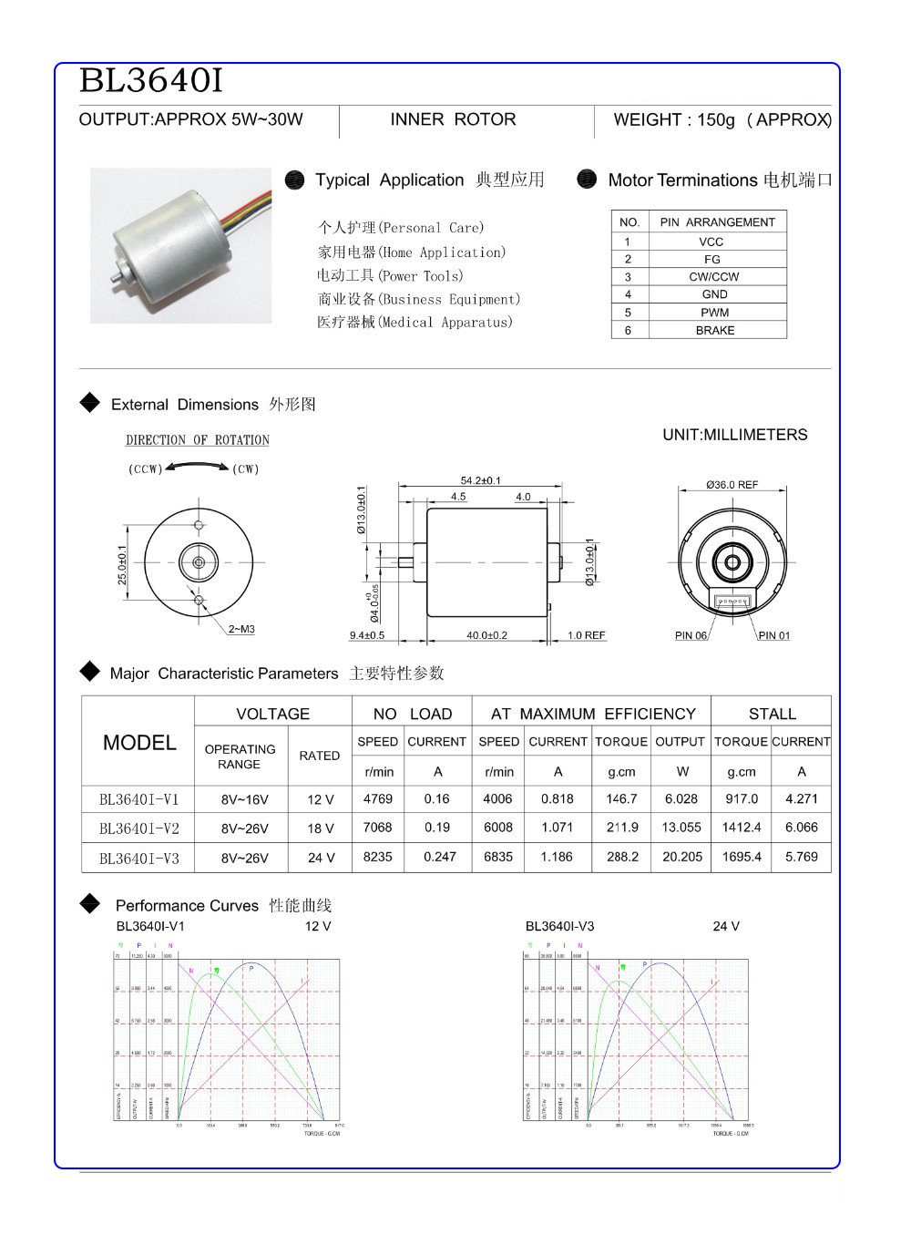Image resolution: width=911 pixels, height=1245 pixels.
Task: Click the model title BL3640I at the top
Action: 151,81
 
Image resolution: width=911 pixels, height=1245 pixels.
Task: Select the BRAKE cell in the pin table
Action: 715,330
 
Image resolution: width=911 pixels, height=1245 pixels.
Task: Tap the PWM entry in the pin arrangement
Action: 715,313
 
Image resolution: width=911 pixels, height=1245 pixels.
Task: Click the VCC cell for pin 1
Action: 711,242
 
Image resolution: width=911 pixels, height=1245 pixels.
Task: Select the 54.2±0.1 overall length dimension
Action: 480,480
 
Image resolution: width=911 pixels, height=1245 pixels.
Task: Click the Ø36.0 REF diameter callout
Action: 732,485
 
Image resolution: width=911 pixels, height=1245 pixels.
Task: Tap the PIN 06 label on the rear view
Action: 691,635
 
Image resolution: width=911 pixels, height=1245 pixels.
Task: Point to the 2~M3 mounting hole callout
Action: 241,629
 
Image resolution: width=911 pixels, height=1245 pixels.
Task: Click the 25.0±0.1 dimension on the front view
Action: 122,565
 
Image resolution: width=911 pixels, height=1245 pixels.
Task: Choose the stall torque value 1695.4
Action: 742,857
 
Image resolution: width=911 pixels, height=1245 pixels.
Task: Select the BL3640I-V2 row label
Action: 139,828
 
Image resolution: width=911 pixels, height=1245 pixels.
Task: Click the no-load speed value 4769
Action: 378,798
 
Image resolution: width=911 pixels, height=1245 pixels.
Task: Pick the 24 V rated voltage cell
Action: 321,858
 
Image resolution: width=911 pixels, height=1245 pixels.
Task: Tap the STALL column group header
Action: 772,714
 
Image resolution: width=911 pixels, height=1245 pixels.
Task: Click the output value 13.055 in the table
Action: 681,828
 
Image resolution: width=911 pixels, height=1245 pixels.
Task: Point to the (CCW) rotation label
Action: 145,469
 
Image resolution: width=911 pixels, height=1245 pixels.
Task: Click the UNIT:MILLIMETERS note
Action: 734,435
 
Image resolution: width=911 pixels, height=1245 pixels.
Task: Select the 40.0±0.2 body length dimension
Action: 486,635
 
